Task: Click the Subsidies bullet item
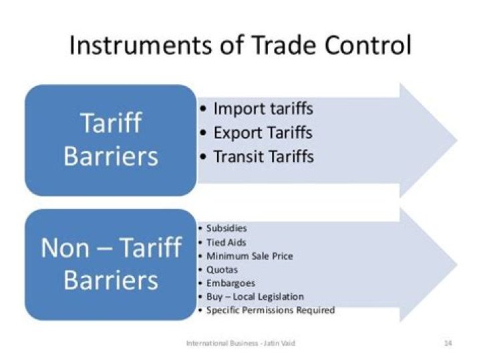click(226, 228)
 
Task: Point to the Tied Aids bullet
click(226, 242)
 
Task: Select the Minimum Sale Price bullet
click(249, 256)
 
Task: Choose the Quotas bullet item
click(222, 270)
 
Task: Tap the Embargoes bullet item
click(230, 283)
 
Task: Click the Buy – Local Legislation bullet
click(255, 297)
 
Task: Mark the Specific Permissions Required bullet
click(270, 311)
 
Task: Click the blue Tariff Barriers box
click(111, 140)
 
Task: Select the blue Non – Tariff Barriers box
click(111, 264)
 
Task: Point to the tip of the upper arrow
click(456, 140)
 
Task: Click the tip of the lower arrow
click(456, 264)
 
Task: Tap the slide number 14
click(448, 343)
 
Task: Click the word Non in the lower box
click(65, 248)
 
